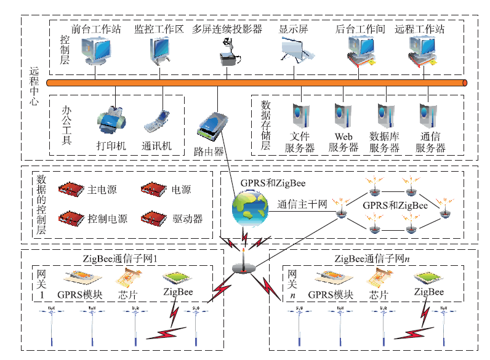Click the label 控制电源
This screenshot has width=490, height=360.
(107, 219)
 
